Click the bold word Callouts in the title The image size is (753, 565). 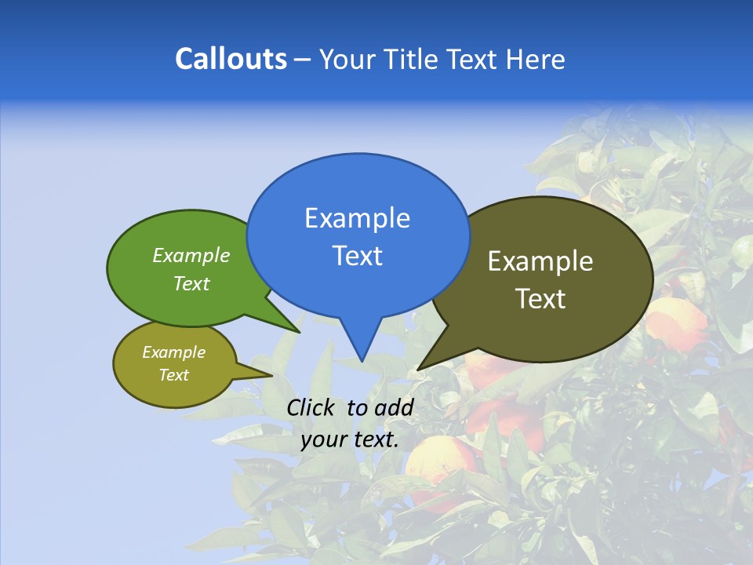tap(231, 59)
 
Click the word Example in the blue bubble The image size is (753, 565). tap(357, 218)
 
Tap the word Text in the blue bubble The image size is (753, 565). tap(357, 256)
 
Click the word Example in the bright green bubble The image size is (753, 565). tap(191, 255)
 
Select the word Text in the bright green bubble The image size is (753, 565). tap(191, 283)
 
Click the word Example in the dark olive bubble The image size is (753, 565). tap(540, 261)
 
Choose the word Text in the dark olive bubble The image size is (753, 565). tap(540, 298)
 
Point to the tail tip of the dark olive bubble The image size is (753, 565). tap(420, 368)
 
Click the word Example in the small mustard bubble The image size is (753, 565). tap(173, 352)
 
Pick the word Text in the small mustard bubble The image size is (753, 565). tap(173, 375)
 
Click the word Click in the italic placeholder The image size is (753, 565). tap(311, 407)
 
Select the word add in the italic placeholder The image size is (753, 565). tap(393, 407)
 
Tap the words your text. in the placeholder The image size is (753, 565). tap(350, 439)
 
